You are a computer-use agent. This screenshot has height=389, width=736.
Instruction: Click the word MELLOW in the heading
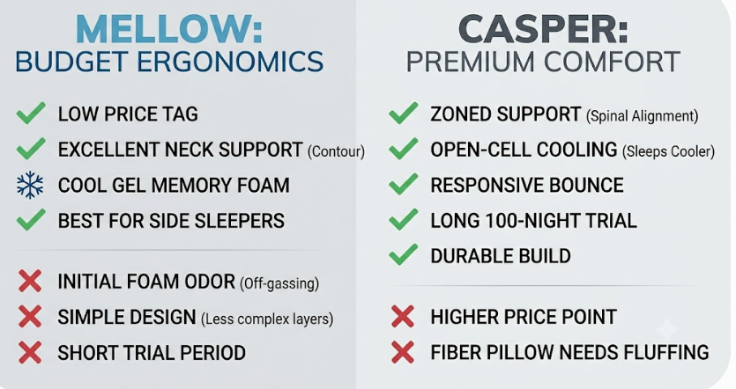(x=162, y=30)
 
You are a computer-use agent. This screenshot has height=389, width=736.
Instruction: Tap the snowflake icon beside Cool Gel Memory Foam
(x=30, y=185)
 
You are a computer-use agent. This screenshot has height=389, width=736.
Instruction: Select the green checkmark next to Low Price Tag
(x=31, y=113)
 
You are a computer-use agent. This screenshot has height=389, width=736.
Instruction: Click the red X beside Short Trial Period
(x=30, y=352)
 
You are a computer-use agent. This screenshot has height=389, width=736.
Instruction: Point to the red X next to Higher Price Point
(x=403, y=316)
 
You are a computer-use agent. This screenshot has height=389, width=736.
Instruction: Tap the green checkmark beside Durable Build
(x=403, y=255)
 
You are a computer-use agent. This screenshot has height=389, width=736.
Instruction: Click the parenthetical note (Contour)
(x=336, y=151)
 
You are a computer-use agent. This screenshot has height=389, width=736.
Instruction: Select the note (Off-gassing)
(x=279, y=283)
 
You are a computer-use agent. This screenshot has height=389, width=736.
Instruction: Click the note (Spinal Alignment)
(x=642, y=116)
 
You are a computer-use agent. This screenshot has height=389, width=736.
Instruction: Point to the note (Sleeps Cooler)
(x=668, y=151)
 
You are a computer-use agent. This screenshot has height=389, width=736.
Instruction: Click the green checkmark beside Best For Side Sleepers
(x=31, y=219)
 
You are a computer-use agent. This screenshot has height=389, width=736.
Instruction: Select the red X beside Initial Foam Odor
(x=30, y=282)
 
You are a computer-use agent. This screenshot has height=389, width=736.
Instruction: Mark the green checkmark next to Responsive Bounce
(x=403, y=184)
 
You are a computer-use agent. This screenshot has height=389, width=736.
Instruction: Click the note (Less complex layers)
(x=267, y=319)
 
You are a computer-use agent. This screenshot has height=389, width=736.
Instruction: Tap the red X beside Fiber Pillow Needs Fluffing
(x=403, y=352)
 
